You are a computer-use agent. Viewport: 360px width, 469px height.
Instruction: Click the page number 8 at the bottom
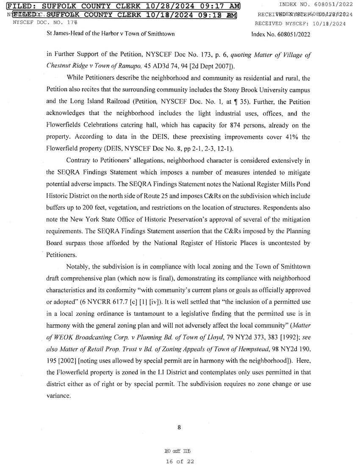[x=179, y=427]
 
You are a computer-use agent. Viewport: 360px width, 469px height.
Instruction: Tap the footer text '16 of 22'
[x=180, y=461]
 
